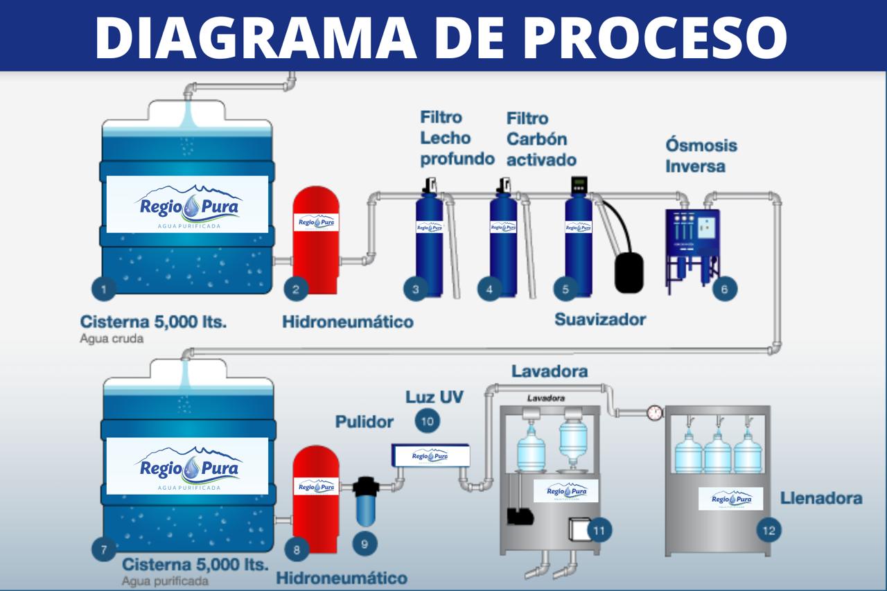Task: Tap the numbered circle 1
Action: point(104,289)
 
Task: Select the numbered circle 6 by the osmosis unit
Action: point(724,289)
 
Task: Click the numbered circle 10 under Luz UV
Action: point(428,421)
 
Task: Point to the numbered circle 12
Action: point(768,531)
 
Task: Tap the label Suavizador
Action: point(600,319)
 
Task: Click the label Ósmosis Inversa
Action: point(701,156)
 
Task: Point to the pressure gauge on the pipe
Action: point(654,412)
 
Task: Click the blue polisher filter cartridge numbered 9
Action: point(365,506)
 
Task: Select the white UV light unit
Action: point(430,455)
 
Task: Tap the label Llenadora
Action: point(821,498)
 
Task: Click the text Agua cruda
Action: point(112,339)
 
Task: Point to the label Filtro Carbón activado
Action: point(541,139)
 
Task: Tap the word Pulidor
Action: point(365,422)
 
